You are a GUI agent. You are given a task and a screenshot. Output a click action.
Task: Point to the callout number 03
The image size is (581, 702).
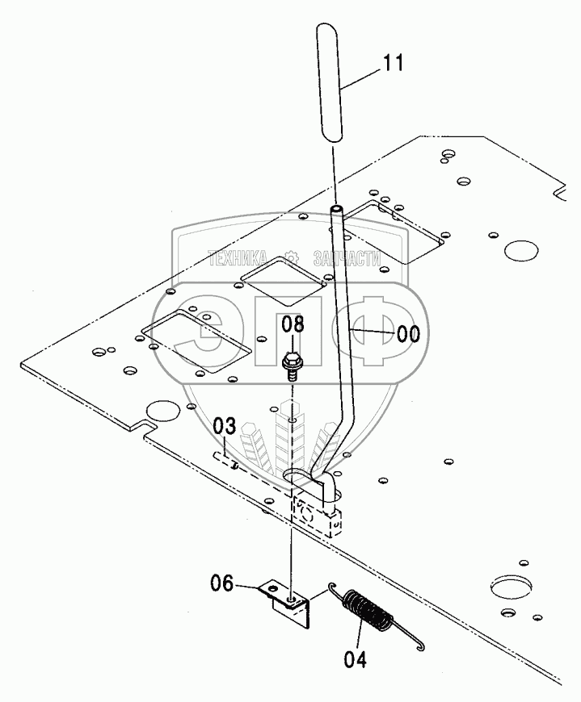[x=225, y=428]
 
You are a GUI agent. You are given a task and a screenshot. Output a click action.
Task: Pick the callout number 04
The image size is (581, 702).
[x=355, y=659]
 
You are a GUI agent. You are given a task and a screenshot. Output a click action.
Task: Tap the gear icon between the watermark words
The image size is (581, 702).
[x=291, y=259]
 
